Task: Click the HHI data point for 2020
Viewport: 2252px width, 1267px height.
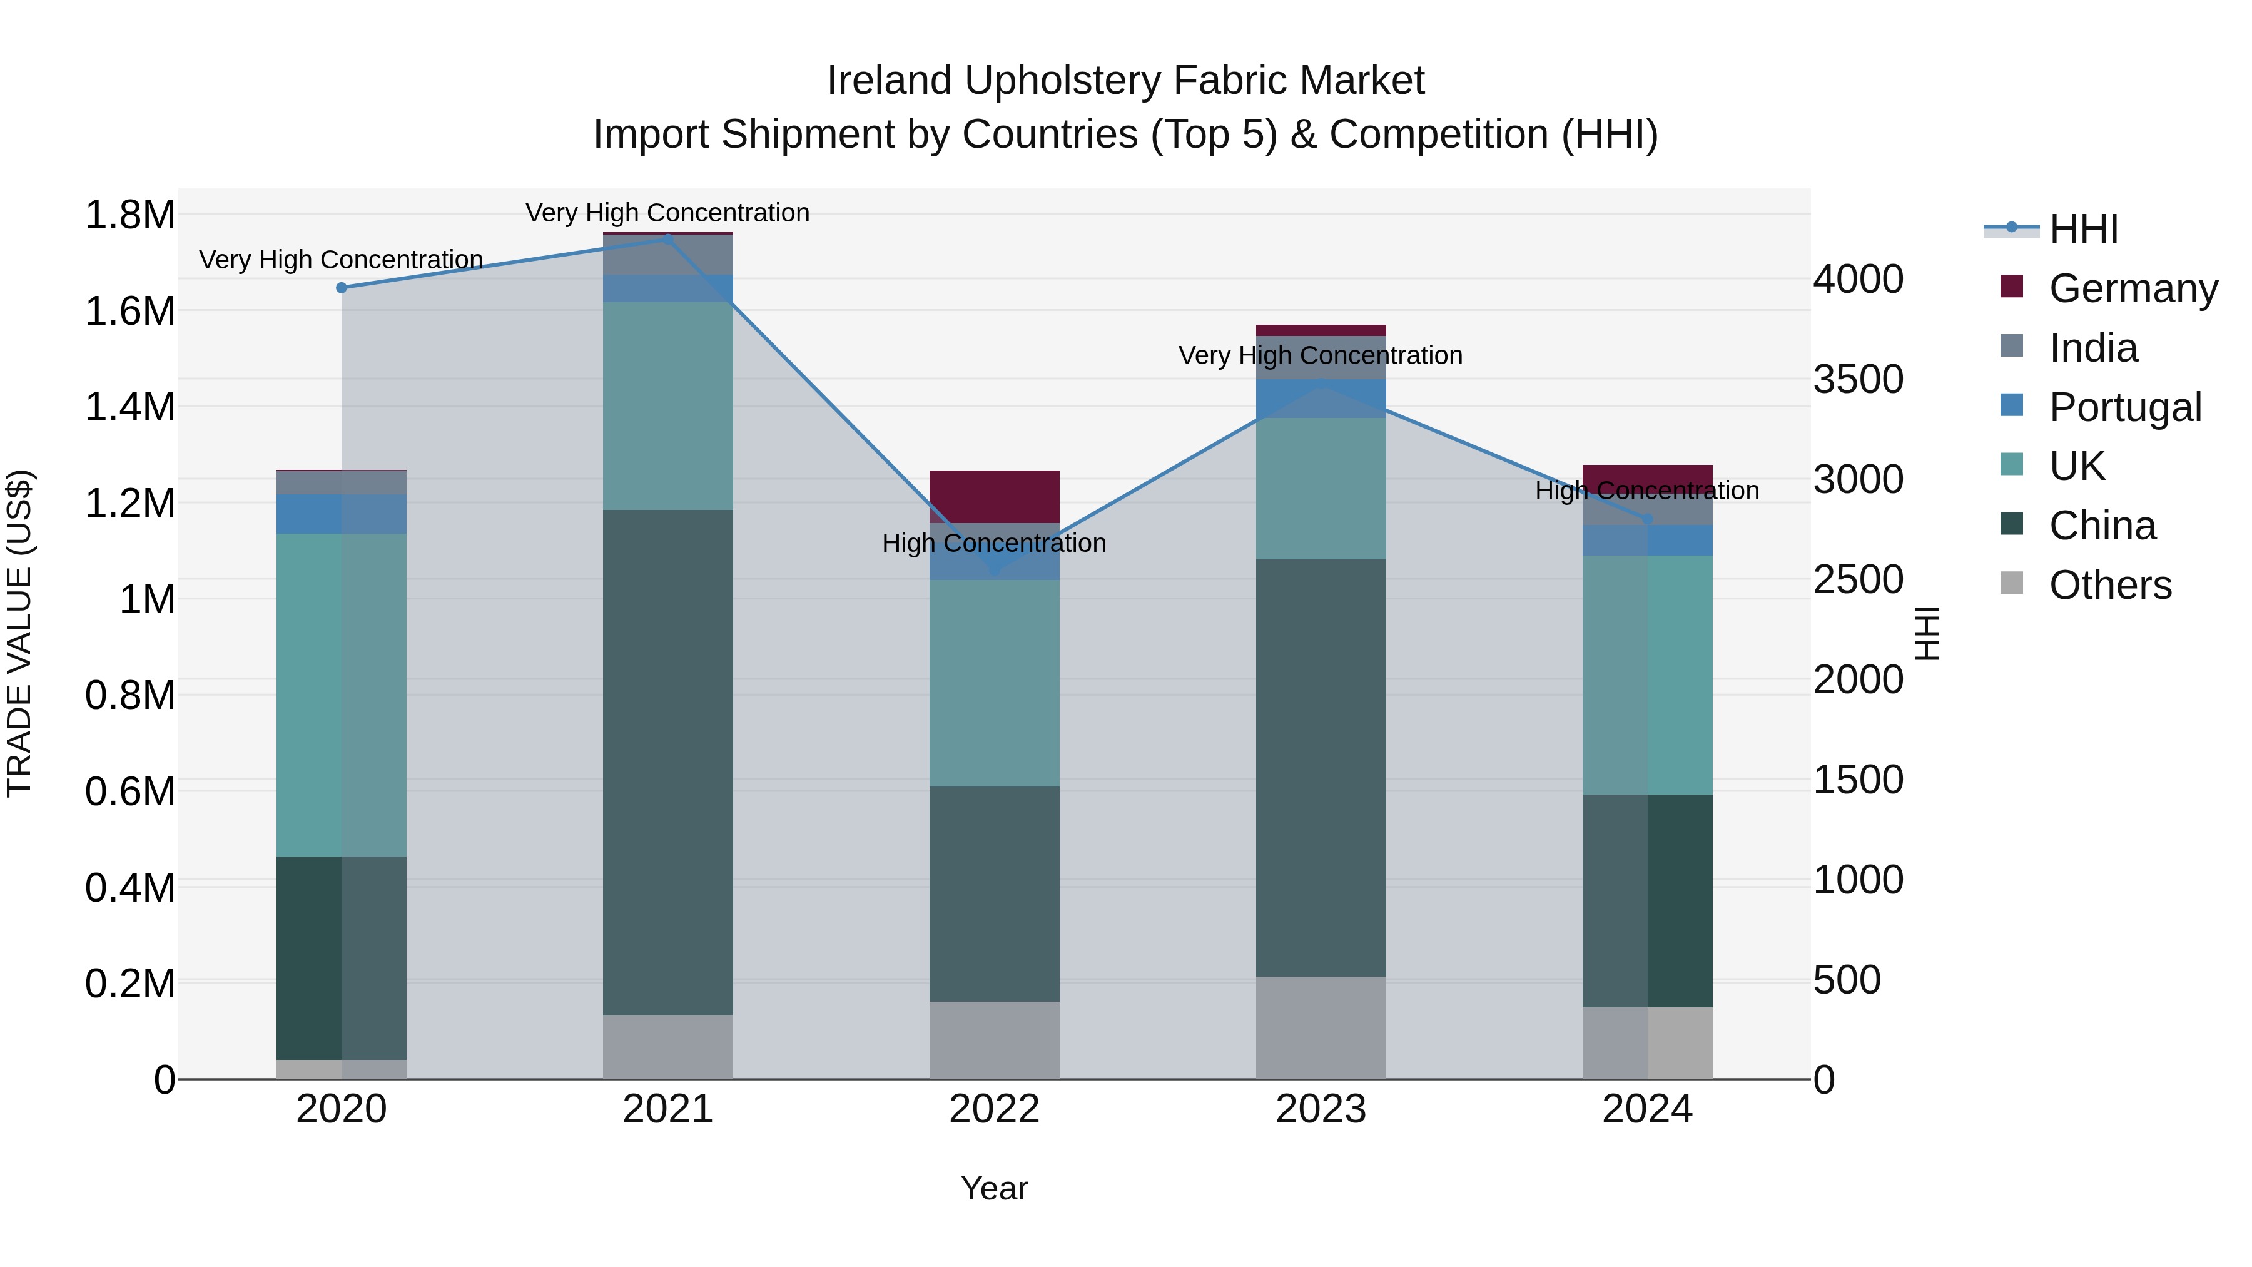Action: click(342, 288)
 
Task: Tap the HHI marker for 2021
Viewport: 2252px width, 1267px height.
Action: click(668, 239)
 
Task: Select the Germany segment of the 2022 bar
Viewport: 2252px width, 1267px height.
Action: click(994, 497)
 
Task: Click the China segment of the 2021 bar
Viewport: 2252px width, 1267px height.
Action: click(668, 763)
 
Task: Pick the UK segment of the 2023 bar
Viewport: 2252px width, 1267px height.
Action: click(1321, 489)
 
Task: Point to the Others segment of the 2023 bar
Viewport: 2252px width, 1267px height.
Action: click(1321, 1028)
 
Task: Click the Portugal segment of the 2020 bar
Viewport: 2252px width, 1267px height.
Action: click(342, 514)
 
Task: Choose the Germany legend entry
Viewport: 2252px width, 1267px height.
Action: click(2133, 288)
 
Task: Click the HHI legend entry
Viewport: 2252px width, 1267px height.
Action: click(2082, 229)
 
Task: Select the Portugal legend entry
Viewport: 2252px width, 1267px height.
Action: click(2124, 407)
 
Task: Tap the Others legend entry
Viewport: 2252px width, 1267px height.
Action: click(2109, 585)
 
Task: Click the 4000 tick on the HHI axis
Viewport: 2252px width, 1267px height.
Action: click(1858, 280)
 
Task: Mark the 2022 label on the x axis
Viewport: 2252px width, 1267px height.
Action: click(994, 1109)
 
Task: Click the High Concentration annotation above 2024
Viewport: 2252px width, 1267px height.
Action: click(1647, 491)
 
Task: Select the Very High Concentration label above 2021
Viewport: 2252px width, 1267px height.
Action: click(668, 213)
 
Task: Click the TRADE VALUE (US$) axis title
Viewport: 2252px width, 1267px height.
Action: click(19, 633)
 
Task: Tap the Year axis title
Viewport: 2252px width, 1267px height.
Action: click(994, 1188)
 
